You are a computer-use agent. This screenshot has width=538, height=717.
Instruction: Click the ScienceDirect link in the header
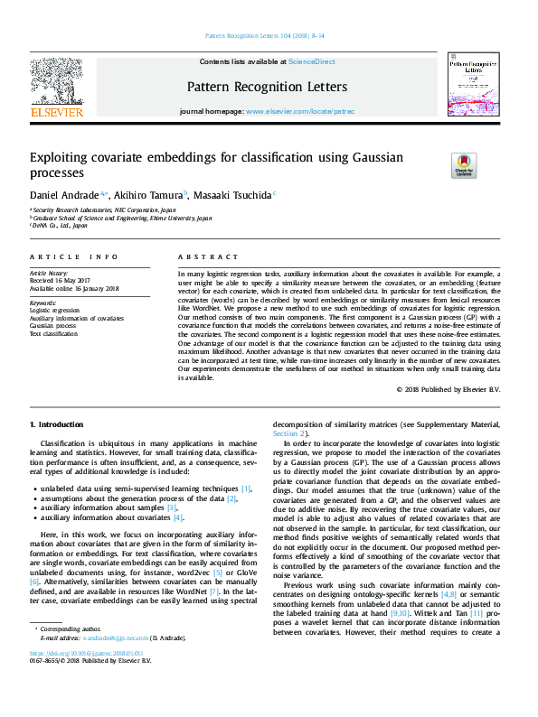[x=311, y=61]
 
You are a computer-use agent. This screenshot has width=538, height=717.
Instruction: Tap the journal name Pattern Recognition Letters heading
[x=267, y=87]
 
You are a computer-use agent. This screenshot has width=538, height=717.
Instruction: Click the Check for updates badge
[x=464, y=165]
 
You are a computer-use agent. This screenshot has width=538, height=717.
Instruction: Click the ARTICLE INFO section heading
[x=73, y=257]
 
